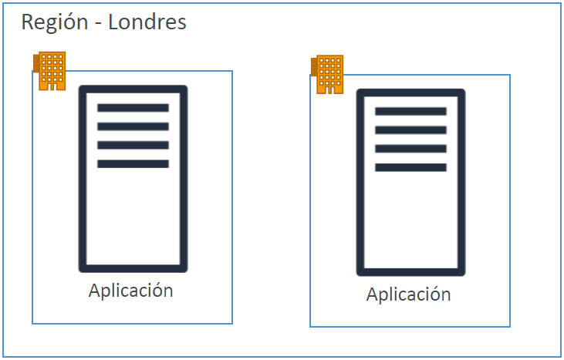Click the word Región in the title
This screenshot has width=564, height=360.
pos(53,22)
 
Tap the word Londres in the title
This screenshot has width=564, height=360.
pos(147,22)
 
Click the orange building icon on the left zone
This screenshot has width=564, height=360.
pos(51,71)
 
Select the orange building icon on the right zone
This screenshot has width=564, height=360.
pos(329,74)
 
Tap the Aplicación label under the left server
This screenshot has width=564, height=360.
pos(130,291)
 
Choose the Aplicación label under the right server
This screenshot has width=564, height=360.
pos(408,294)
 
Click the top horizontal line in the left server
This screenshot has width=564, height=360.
pos(133,108)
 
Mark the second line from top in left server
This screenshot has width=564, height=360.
pos(133,126)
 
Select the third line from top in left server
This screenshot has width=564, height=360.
pos(133,145)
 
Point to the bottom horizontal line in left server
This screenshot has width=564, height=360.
pos(133,163)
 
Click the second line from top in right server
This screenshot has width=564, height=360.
pos(410,130)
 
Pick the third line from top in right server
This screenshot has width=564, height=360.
pos(410,149)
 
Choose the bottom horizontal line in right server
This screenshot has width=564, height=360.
pos(410,167)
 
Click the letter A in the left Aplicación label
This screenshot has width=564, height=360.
pos(94,291)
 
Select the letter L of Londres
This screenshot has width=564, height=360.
pos(113,22)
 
